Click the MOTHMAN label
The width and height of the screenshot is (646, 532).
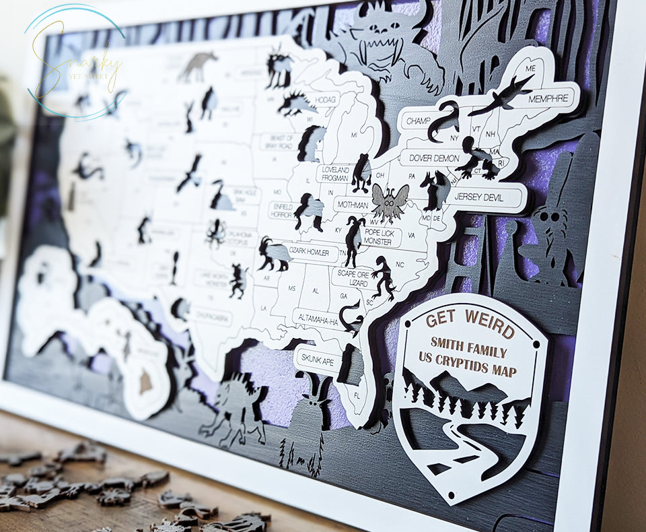coord(353,205)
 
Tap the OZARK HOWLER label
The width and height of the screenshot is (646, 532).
coord(310,252)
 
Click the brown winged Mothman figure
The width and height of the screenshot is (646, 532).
coord(390,201)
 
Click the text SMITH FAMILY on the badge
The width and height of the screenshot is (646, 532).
coord(468,351)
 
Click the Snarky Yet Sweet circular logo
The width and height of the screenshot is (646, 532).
coord(76,63)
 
